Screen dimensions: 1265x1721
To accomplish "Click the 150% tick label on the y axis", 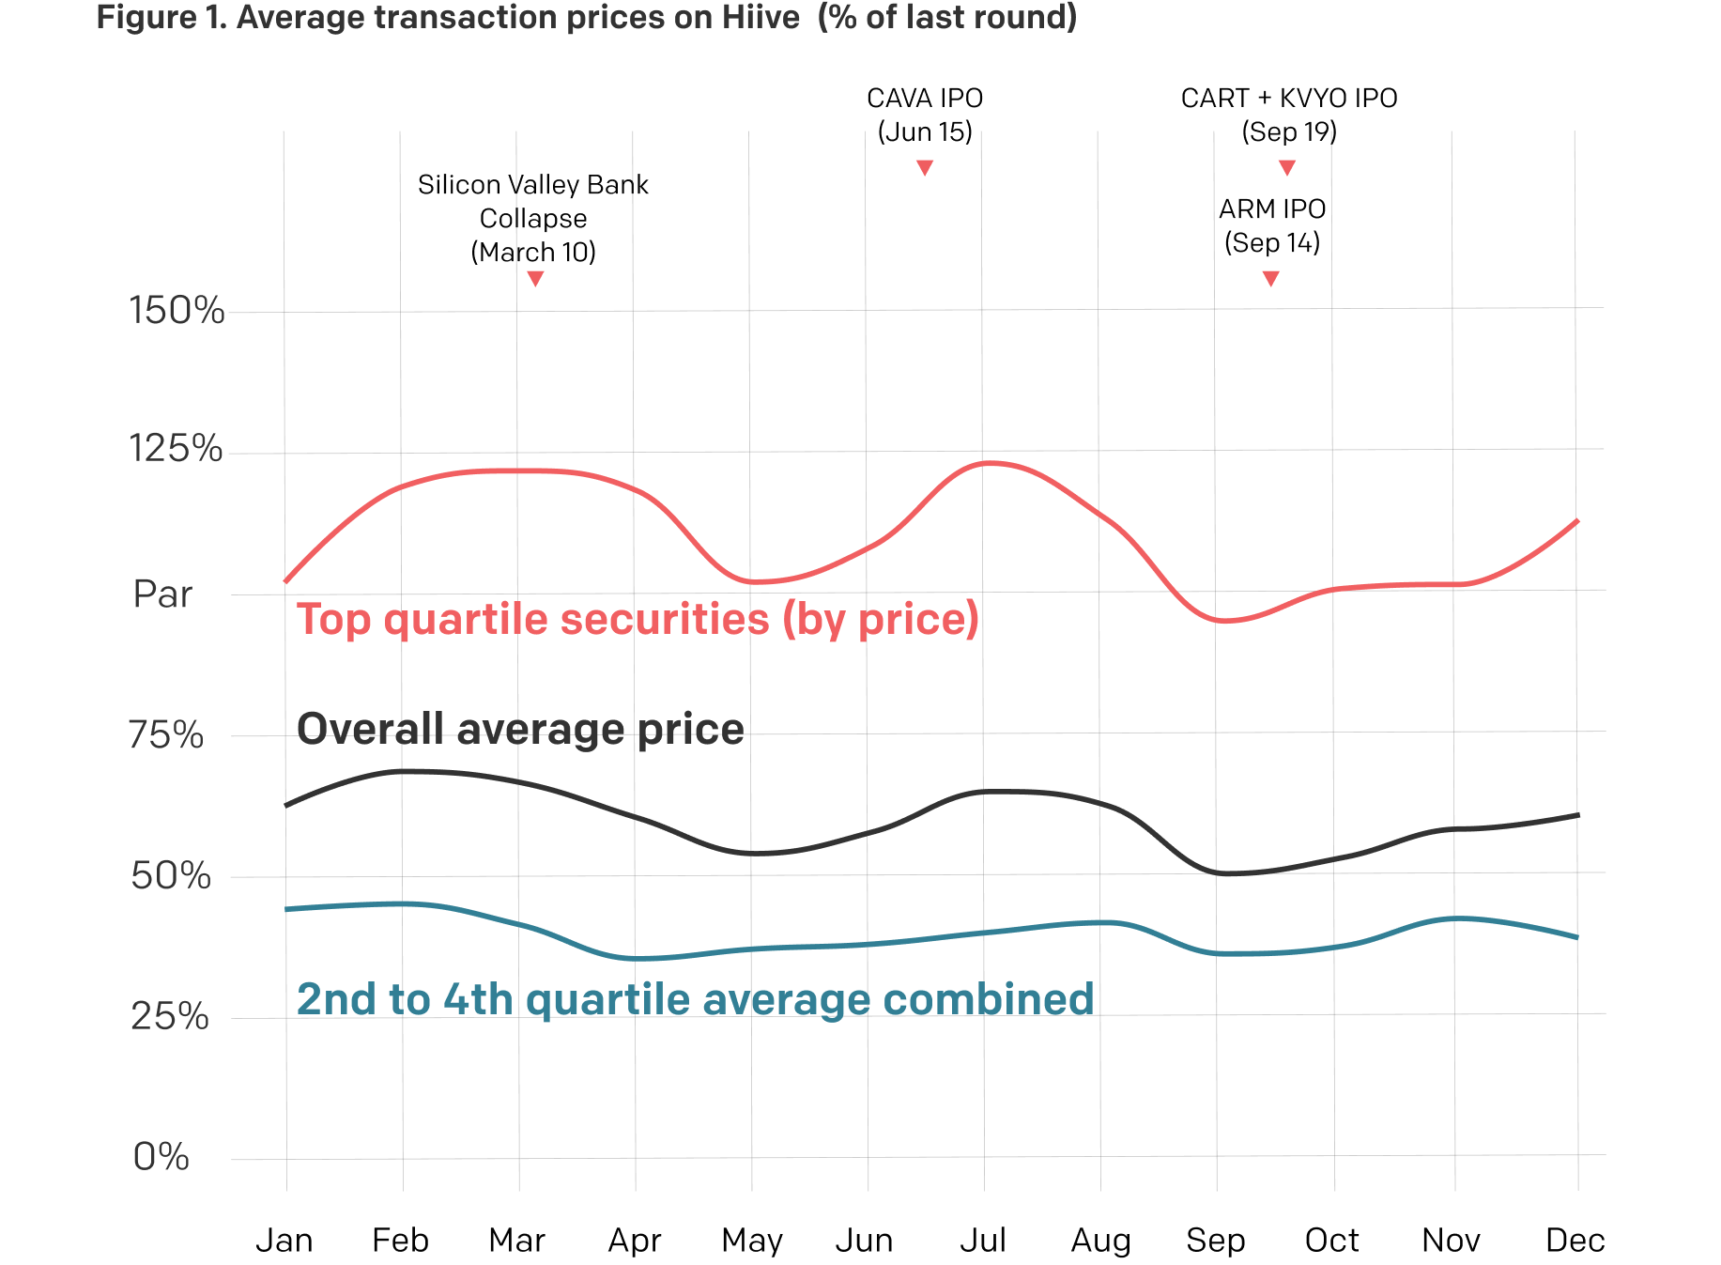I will tap(177, 311).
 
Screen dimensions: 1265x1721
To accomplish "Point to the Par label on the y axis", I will tap(162, 594).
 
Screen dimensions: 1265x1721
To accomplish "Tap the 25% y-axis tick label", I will tap(169, 1016).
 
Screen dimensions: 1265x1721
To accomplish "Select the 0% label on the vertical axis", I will tap(161, 1157).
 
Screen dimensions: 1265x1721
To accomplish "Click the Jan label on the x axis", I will tap(284, 1241).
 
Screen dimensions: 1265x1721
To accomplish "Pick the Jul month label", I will tap(982, 1241).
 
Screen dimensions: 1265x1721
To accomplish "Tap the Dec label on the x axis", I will tap(1575, 1241).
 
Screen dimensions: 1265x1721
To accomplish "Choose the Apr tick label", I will tap(635, 1241).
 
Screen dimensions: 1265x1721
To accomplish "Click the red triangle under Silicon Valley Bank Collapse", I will tap(535, 279).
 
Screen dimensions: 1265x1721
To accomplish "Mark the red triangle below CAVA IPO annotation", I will tap(925, 168).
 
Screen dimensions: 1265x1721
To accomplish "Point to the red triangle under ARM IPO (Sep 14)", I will tap(1270, 279).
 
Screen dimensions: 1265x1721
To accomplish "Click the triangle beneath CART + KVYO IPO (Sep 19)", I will tap(1287, 168).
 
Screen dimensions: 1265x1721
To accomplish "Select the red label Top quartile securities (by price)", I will tap(638, 620).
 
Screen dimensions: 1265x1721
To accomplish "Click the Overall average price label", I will tap(520, 730).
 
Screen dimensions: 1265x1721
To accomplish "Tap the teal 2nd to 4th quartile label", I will tap(695, 999).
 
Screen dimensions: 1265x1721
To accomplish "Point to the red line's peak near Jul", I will tap(991, 463).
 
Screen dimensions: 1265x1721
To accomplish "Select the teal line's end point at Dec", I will tap(1576, 937).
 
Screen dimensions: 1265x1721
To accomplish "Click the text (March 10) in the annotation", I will tap(533, 252).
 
